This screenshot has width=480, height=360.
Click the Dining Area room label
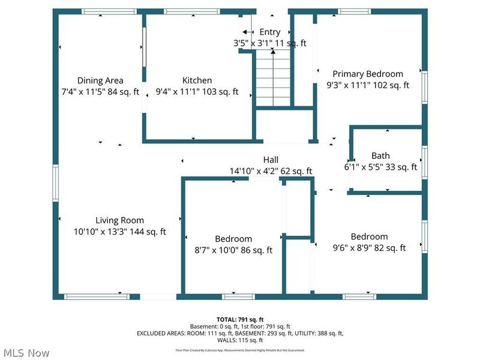pyautogui.click(x=100, y=80)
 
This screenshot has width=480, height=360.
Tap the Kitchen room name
pyautogui.click(x=197, y=80)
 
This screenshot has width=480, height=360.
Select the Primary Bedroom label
pyautogui.click(x=368, y=74)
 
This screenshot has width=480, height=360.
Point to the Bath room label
pyautogui.click(x=380, y=156)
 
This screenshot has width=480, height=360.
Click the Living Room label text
pyautogui.click(x=119, y=220)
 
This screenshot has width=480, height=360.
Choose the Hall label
pyautogui.click(x=271, y=160)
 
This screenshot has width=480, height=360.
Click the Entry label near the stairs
pyautogui.click(x=269, y=32)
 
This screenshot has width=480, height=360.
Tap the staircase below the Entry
pyautogui.click(x=273, y=78)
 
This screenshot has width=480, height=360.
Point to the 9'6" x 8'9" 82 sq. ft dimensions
pyautogui.click(x=369, y=247)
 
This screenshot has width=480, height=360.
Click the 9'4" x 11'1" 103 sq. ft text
pyautogui.click(x=197, y=92)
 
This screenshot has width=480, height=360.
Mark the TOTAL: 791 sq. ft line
pyautogui.click(x=239, y=319)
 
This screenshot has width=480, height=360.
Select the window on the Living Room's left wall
pyautogui.click(x=55, y=183)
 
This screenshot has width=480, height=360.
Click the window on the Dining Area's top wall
pyautogui.click(x=100, y=11)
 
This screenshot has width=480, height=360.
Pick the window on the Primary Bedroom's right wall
pyautogui.click(x=424, y=89)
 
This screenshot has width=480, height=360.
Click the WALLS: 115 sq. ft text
pyautogui.click(x=239, y=340)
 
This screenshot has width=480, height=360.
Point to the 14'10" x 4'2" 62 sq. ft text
pyautogui.click(x=271, y=171)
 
